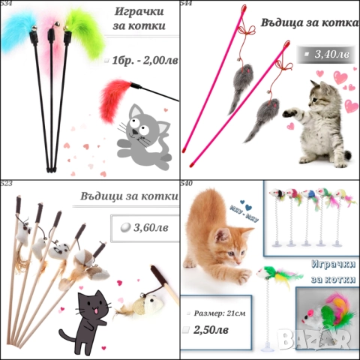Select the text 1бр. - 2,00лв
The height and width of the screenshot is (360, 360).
pyautogui.click(x=141, y=59)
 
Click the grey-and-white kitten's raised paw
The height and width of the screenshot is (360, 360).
pyautogui.click(x=293, y=118)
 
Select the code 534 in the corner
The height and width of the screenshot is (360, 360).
pyautogui.click(x=6, y=4)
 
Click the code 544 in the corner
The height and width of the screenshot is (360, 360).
pyautogui.click(x=186, y=4)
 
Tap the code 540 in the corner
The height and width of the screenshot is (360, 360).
pyautogui.click(x=186, y=184)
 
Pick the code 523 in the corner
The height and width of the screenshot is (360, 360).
pyautogui.click(x=6, y=184)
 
